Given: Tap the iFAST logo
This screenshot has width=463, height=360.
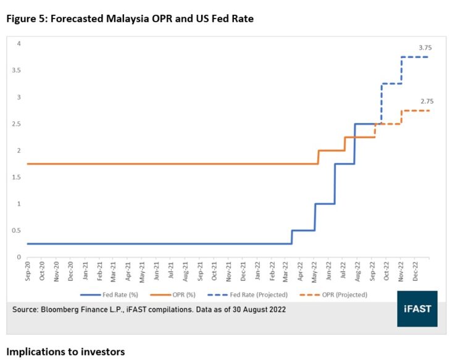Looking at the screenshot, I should (x=417, y=309).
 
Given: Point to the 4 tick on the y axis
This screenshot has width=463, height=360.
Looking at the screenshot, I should (x=19, y=44).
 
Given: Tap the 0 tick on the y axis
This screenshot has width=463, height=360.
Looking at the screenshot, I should (x=19, y=257).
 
